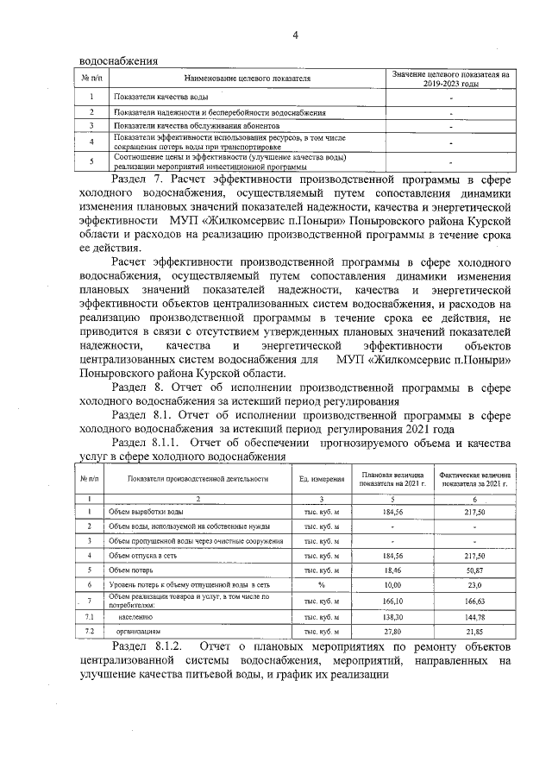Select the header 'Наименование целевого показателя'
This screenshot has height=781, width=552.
click(247, 79)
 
